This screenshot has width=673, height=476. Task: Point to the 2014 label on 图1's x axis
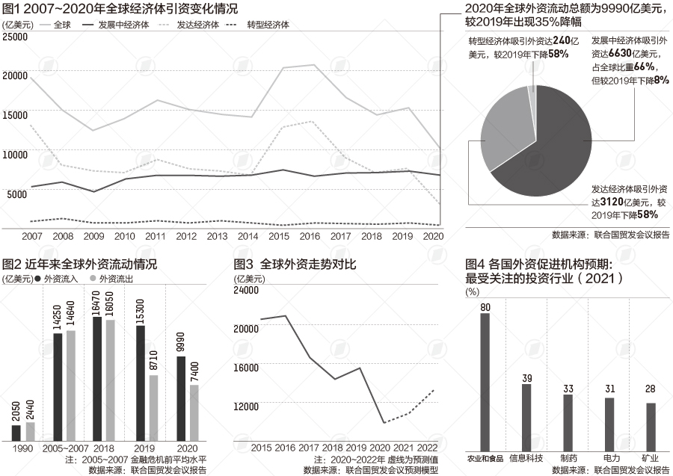[x=249, y=236]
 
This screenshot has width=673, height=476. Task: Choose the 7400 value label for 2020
[x=194, y=371]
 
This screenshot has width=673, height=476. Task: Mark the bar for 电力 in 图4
[x=609, y=421]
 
